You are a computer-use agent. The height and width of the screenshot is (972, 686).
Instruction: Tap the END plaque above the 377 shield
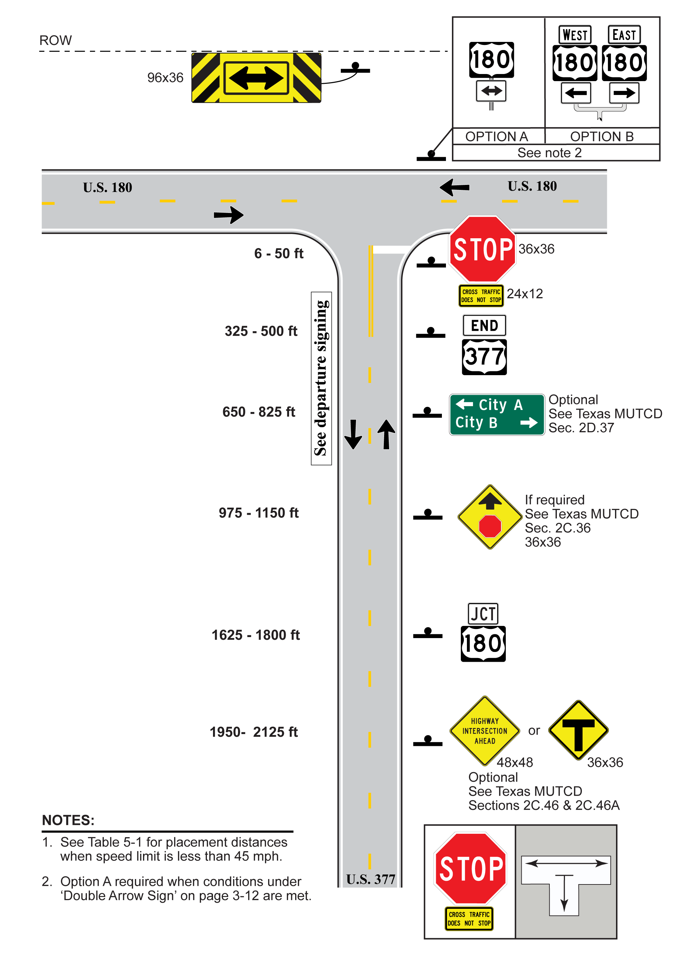point(484,325)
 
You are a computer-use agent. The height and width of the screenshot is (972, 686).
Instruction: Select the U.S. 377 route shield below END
point(484,357)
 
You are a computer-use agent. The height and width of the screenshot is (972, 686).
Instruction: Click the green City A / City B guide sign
point(496,414)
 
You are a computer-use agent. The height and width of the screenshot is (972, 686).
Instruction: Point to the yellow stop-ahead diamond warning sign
point(490,516)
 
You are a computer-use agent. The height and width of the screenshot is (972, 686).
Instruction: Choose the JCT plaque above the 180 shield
point(483,613)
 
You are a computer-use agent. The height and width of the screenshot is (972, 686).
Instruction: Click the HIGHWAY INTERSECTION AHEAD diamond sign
point(484,731)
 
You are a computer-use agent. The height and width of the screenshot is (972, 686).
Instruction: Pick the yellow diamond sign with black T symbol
point(578,730)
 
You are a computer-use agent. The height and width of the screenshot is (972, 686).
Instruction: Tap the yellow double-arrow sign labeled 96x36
point(256,77)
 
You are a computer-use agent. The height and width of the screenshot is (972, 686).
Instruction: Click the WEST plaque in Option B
point(575,35)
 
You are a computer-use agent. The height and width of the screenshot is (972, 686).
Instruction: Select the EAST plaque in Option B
point(624,35)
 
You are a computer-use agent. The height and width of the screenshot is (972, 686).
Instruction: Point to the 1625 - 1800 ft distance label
point(255,635)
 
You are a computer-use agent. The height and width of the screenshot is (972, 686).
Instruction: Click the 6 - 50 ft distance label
point(279,253)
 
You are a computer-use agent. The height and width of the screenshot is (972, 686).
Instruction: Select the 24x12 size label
point(524,293)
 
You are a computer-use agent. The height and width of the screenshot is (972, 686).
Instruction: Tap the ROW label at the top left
point(55,40)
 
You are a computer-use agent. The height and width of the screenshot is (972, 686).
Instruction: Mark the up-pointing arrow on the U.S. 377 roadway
point(386,434)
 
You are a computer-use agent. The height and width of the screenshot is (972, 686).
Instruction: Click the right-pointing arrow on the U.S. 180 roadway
point(228,215)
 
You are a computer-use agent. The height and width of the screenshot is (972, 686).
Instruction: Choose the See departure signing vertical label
point(321,378)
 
